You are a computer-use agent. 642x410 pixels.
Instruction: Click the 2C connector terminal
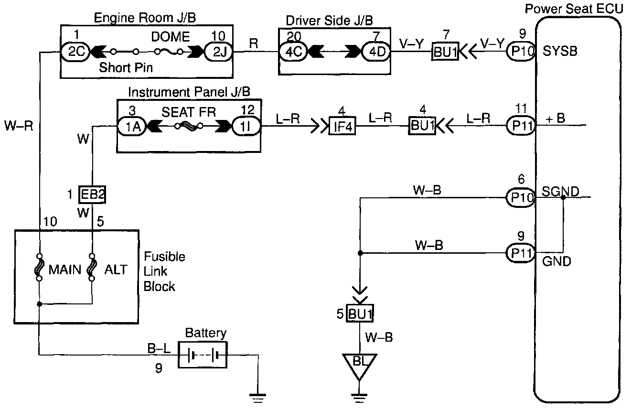pos(76,51)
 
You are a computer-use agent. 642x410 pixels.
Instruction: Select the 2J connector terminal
pos(218,51)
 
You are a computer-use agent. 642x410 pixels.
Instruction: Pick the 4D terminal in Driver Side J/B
pos(375,51)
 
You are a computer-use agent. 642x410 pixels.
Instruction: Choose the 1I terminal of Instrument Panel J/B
pos(247,126)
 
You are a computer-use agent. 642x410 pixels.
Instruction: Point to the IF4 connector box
pos(342,127)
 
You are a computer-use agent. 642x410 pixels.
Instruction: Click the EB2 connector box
pos(92,194)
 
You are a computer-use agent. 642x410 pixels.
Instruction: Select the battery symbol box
pos(203,355)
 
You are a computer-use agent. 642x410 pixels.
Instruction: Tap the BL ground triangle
pos(360,363)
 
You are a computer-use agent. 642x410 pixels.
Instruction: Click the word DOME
pos(171,37)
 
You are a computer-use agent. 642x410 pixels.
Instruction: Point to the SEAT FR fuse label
pos(189,113)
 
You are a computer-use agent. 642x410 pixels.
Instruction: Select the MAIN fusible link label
pos(64,270)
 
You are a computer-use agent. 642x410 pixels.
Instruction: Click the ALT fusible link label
pos(116,270)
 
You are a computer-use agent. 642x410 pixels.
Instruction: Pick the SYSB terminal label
pos(560,51)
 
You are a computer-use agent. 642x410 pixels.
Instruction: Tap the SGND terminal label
pos(560,192)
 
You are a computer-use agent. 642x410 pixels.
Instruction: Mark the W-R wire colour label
pos(19,128)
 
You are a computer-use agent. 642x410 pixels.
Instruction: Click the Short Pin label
pos(126,67)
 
